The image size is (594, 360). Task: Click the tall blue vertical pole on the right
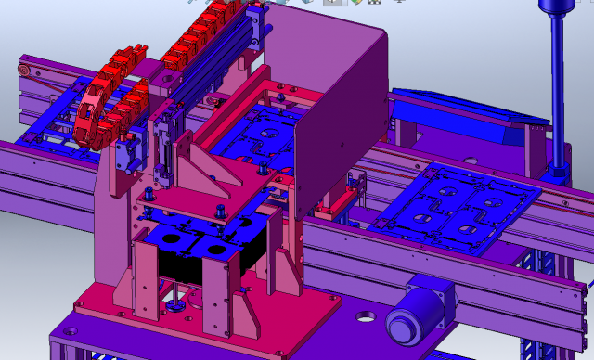pyautogui.click(x=558, y=93)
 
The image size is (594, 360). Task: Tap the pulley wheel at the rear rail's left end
pyautogui.click(x=25, y=71)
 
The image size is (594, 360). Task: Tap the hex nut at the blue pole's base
pyautogui.click(x=558, y=172)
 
